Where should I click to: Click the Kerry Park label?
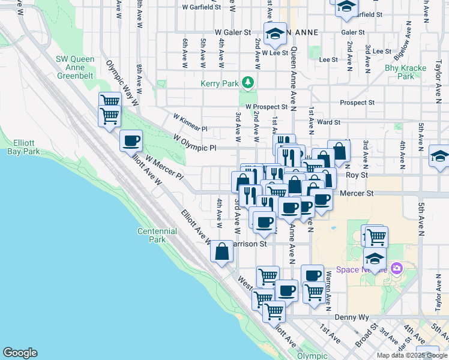220,82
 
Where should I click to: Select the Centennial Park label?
157,235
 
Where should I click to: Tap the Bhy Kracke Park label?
400,73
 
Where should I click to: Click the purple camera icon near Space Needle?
396,268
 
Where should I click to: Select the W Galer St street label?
232,33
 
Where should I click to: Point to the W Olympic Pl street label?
194,143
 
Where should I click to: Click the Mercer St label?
357,194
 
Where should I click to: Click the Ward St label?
329,122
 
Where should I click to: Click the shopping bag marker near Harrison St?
222,251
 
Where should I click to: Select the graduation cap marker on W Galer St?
275,34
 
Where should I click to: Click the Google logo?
20,353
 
